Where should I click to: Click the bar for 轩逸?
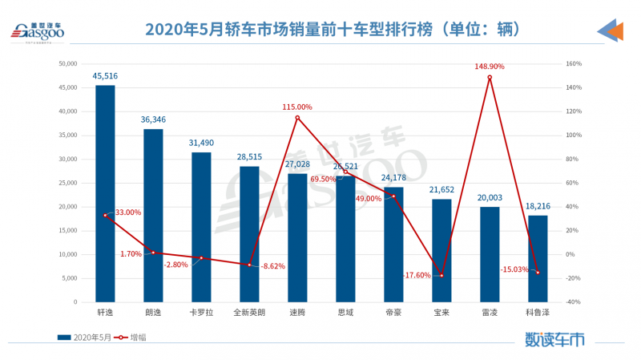[x=105, y=192]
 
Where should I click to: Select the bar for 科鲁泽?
[x=538, y=258]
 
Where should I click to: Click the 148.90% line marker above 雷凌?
[x=490, y=77]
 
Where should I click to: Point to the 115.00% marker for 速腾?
[x=297, y=118]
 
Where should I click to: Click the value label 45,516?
[x=105, y=76]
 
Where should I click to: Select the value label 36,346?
[x=153, y=120]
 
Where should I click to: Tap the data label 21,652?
[x=441, y=190]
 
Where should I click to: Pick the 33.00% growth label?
[x=127, y=212]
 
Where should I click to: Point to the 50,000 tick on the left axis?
[x=66, y=63]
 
